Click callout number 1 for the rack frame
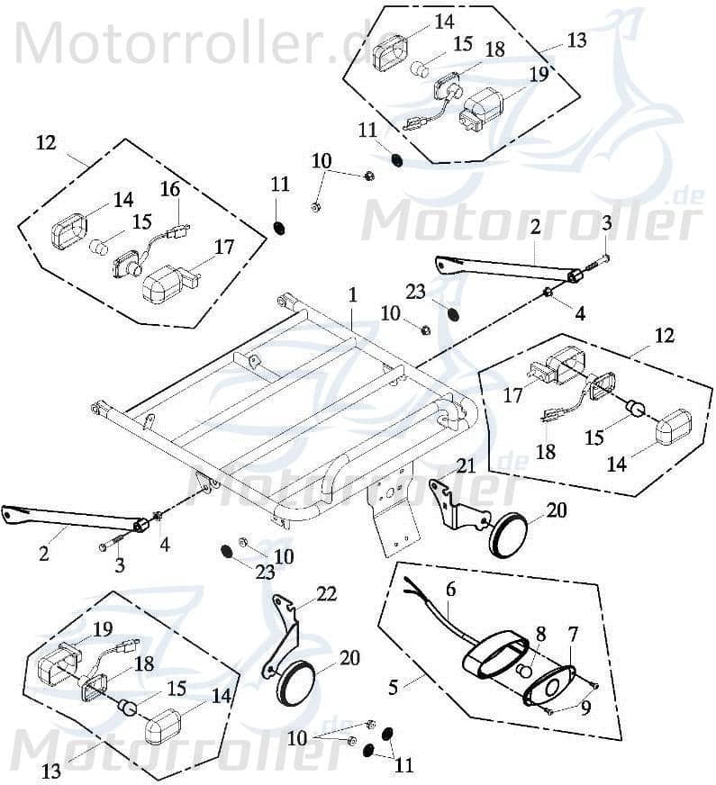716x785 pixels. pos(353,295)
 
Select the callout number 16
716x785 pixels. pos(171,188)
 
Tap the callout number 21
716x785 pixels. pos(465,465)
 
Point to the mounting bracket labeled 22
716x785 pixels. pos(286,635)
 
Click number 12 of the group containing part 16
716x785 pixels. pos(47,142)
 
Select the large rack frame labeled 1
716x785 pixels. pos(297,414)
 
